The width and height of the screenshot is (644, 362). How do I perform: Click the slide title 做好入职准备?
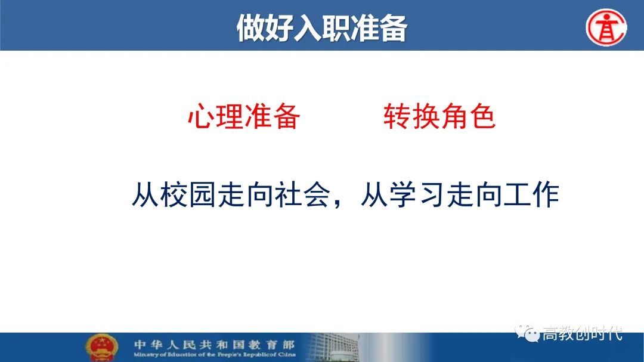coord(321,27)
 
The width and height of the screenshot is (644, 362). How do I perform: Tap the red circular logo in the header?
coord(606,27)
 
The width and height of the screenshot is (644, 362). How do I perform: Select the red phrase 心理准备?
coord(244,116)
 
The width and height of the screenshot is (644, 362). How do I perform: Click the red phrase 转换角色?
coord(439,116)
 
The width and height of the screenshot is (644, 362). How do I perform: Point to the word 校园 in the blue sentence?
coord(188,194)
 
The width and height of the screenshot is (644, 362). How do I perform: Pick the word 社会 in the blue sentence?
coord(303,194)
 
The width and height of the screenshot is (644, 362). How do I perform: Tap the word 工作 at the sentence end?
coord(531,194)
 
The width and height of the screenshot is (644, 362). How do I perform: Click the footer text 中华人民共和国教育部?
coord(214,344)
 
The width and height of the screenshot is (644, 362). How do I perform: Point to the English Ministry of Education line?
coord(215,355)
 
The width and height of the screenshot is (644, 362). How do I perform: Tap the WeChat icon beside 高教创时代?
coord(527,332)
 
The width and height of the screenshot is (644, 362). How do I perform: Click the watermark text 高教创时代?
coord(583,333)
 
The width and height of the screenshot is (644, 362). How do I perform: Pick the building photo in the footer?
coord(333,348)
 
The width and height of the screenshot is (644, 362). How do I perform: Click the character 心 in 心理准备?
coord(202,116)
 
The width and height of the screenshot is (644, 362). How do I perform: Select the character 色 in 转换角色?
coord(482,116)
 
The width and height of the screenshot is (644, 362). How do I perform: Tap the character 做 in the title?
coord(250,28)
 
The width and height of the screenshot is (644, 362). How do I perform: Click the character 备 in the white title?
coord(393,28)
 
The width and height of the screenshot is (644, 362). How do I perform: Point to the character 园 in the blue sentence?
coord(202,194)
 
